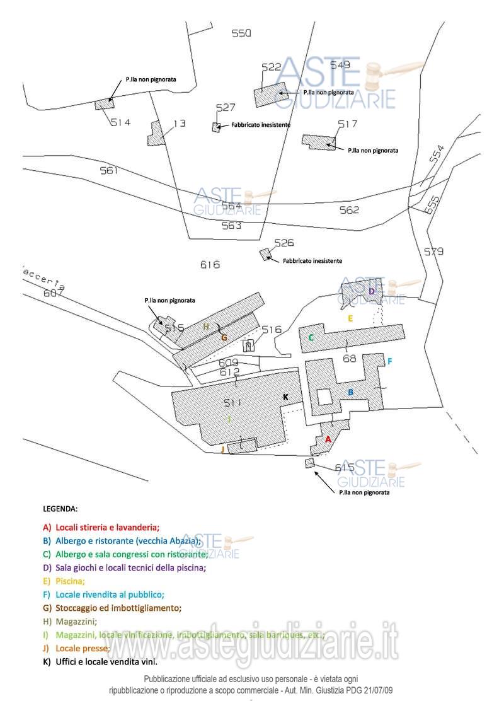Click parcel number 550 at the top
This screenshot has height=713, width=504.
click(x=241, y=34)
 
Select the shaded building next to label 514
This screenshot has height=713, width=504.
click(x=104, y=104)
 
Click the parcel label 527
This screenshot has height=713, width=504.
click(x=225, y=108)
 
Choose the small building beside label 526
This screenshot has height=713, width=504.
click(x=266, y=254)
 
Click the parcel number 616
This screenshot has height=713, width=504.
click(x=210, y=265)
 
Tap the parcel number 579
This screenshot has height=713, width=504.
click(x=433, y=252)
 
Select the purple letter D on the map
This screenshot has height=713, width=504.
click(x=372, y=291)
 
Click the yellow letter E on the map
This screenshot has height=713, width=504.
click(x=351, y=318)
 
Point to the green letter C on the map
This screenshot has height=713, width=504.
click(x=311, y=338)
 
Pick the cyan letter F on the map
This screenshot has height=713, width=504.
click(x=390, y=361)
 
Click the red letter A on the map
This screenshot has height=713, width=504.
click(x=328, y=439)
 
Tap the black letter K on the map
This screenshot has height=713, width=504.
click(x=285, y=397)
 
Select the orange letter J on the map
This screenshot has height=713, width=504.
click(x=223, y=449)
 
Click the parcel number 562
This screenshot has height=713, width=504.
click(x=349, y=210)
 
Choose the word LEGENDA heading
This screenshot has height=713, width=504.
click(x=60, y=508)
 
